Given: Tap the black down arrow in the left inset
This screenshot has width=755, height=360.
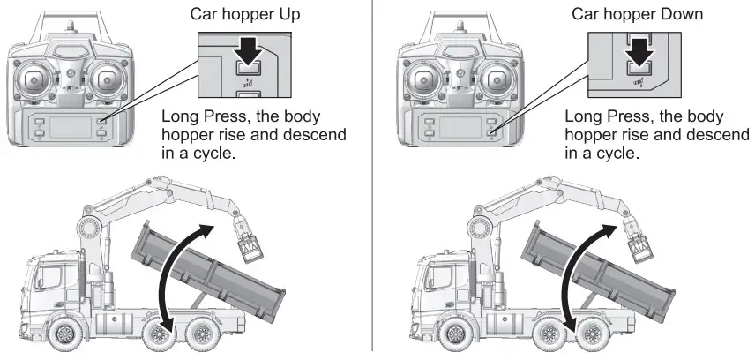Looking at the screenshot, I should [x=250, y=53].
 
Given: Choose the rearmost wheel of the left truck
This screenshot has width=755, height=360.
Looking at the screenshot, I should [x=202, y=335].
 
